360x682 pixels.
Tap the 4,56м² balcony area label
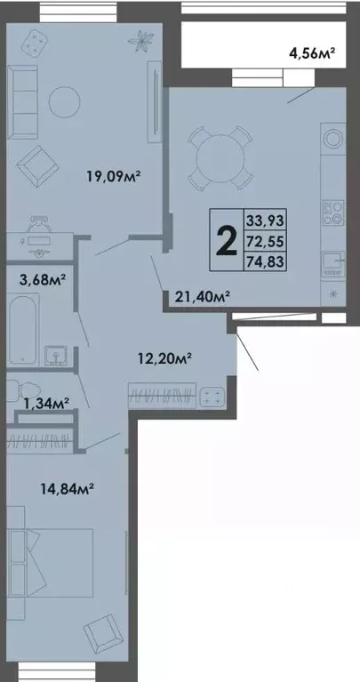(x=312, y=54)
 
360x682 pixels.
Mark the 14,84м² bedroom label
(x=68, y=486)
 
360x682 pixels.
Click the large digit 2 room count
(x=226, y=239)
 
